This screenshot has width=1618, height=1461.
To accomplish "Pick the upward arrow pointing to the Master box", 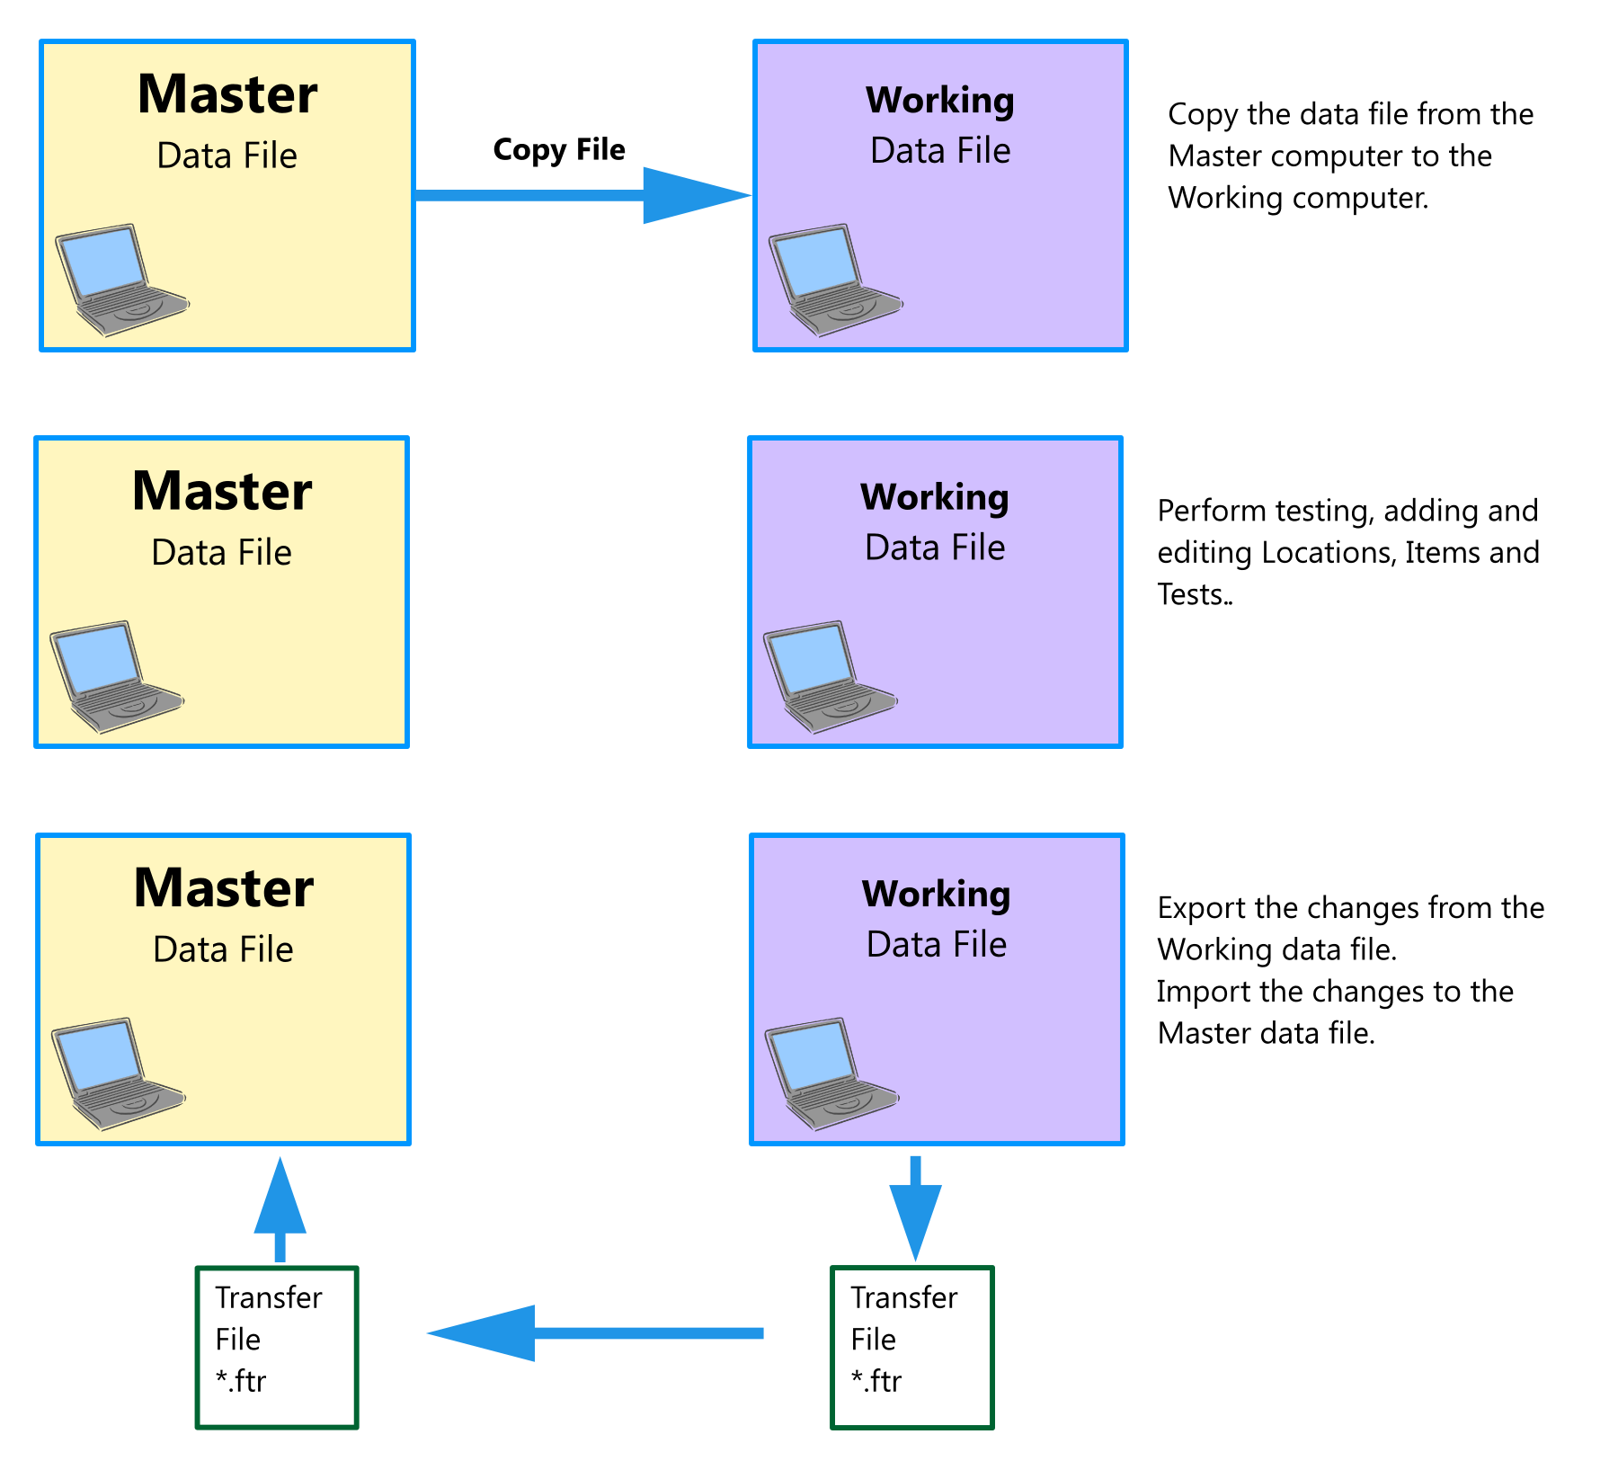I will (280, 1209).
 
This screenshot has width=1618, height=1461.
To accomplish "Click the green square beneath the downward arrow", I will (912, 1347).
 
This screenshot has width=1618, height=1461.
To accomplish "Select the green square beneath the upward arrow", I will (277, 1347).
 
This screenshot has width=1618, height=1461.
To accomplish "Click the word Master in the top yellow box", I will (227, 94).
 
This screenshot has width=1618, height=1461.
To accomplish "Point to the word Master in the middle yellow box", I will (222, 492).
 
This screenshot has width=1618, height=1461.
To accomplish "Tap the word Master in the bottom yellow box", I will (224, 888).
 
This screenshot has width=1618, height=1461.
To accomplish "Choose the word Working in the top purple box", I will (940, 101).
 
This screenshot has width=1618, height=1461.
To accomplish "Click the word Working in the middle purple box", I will (935, 498).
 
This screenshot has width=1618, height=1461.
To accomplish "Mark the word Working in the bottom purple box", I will (937, 895).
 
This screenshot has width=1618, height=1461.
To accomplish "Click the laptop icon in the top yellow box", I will (121, 280).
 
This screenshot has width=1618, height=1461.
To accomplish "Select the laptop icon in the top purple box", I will (835, 280).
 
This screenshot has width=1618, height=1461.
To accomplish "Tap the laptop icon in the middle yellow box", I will (116, 676).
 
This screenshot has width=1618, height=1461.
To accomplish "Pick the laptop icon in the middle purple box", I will (830, 676).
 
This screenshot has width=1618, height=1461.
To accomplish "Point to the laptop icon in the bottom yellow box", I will (118, 1073).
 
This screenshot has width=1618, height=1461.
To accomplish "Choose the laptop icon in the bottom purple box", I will (831, 1073).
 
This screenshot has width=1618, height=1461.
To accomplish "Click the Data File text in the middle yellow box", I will (222, 552).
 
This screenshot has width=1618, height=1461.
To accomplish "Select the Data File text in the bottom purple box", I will (937, 945).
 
